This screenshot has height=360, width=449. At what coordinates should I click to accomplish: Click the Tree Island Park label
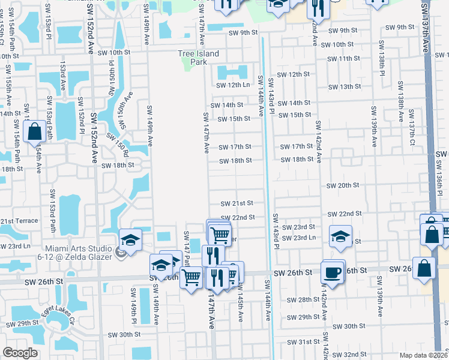click(198, 58)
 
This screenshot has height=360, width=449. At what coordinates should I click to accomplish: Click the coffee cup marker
click(332, 272)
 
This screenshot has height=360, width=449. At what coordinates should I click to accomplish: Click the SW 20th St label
click(342, 186)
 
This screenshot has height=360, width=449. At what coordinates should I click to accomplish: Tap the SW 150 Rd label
click(117, 146)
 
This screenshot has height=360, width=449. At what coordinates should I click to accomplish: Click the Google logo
click(19, 353)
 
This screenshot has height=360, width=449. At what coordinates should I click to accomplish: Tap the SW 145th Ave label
click(240, 306)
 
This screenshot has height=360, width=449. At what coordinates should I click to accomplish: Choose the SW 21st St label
click(237, 204)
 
